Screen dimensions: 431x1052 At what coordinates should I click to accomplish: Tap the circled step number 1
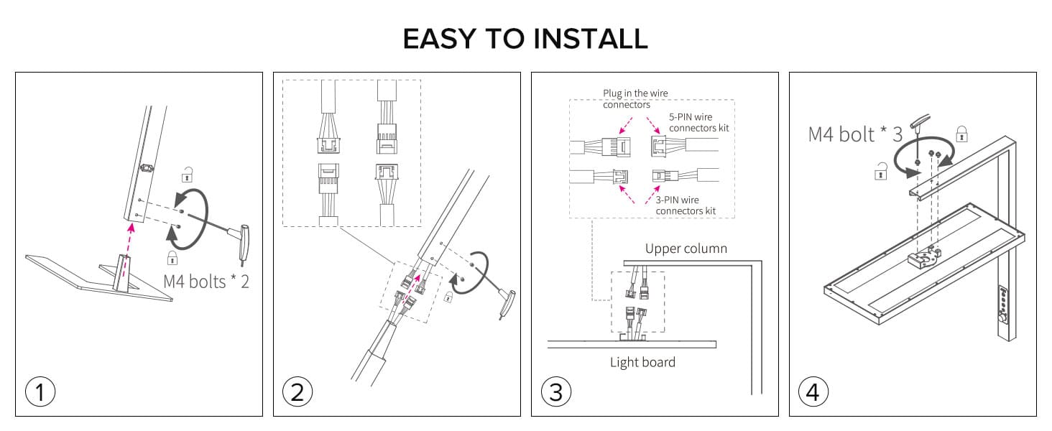[40, 392]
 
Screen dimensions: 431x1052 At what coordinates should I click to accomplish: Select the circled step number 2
[297, 392]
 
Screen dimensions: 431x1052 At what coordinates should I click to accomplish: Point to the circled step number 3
[555, 392]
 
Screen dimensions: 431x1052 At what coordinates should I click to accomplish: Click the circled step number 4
[813, 392]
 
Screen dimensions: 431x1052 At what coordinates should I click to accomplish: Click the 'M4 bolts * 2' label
[206, 281]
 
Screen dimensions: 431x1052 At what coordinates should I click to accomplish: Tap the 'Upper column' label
[686, 249]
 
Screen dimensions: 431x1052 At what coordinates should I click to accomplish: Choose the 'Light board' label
[642, 362]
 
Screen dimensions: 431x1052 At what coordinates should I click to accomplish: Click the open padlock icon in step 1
[188, 174]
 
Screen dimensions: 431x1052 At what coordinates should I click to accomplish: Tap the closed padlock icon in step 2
[449, 296]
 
